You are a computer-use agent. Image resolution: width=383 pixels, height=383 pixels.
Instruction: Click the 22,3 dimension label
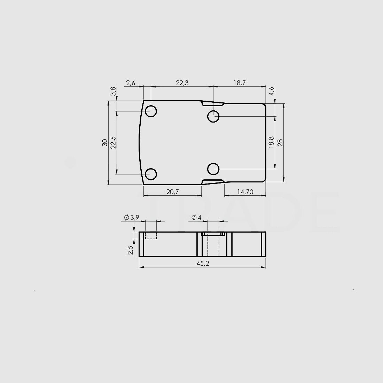pos(182,83)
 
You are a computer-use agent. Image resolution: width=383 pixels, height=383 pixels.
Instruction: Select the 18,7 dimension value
pos(240,83)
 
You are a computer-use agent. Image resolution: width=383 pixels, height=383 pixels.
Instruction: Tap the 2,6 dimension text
pos(131,83)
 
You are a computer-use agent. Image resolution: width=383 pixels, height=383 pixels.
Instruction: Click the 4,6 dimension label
pos(272,91)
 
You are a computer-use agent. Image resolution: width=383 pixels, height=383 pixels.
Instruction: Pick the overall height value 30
pos(105,142)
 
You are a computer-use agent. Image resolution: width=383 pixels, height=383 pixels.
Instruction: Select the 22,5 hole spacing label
pos(113,142)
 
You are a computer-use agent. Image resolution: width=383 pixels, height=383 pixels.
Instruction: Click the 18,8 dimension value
pos(271,142)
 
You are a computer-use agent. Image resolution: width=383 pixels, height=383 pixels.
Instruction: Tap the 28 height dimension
pos(280,142)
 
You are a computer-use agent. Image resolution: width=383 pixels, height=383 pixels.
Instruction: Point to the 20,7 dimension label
pos(172,192)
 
